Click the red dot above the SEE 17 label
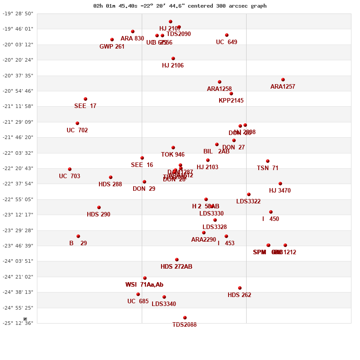tap(85, 99)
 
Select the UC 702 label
tap(77, 130)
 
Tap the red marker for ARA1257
tap(283, 80)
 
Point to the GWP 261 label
tap(112, 47)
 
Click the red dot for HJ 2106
tap(173, 58)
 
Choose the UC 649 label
tap(226, 42)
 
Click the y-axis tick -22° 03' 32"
tap(18, 153)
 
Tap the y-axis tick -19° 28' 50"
tap(18, 13)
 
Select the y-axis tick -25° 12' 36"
tap(18, 323)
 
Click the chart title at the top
tap(180, 6)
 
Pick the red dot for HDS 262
tap(240, 288)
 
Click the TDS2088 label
tap(184, 325)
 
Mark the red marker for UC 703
tap(70, 169)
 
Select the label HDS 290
tap(99, 215)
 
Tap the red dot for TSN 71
tap(268, 161)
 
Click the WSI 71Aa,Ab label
tap(144, 285)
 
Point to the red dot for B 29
tap(78, 236)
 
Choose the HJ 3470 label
tap(280, 191)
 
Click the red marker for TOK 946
tap(173, 148)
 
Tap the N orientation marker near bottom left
tap(25, 319)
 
